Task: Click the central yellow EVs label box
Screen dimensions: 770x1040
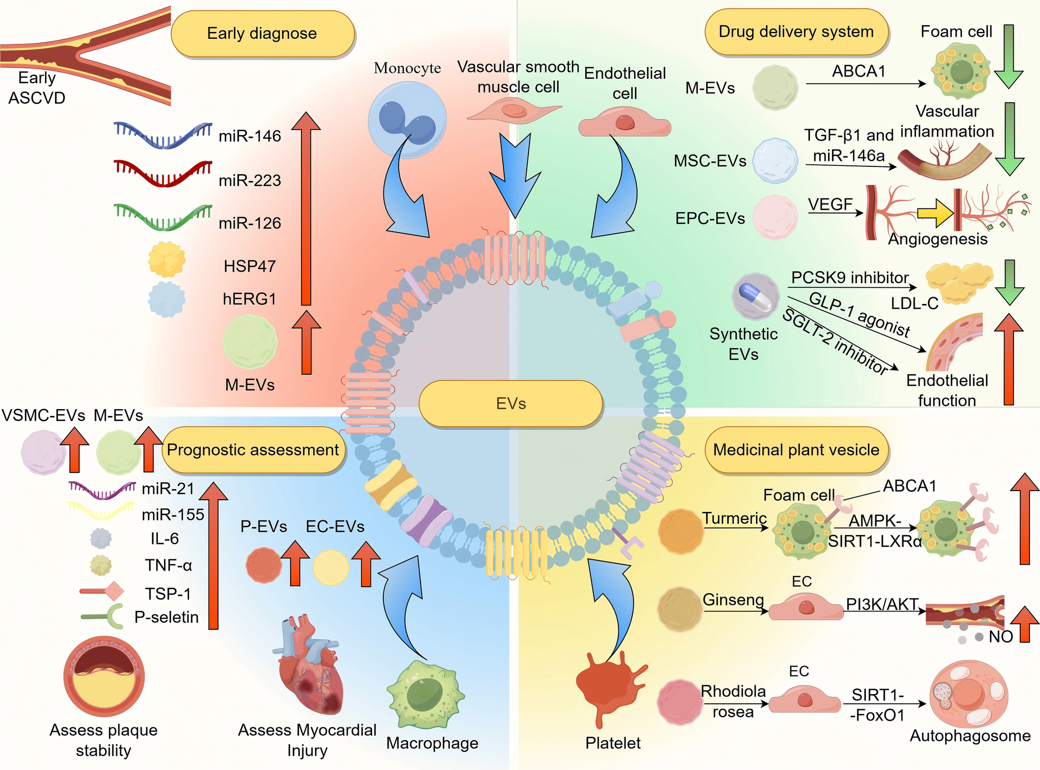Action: point(510,404)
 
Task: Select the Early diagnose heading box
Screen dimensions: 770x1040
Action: point(262,34)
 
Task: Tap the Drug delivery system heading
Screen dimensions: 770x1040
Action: point(796,32)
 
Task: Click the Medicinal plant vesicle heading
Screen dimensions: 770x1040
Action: point(796,450)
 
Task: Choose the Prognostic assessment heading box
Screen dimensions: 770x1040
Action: point(253,450)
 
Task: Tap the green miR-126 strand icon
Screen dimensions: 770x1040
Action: point(162,218)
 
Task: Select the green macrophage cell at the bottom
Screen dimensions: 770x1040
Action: point(426,694)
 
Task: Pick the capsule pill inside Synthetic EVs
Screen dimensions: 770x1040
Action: point(756,296)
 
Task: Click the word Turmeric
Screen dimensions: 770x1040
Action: point(734,518)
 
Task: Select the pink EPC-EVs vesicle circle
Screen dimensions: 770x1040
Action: point(775,217)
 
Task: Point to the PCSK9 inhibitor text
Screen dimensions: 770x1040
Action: point(849,278)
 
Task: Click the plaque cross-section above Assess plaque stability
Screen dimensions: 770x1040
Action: point(104,676)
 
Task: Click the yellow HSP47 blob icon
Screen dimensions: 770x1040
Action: point(166,260)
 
